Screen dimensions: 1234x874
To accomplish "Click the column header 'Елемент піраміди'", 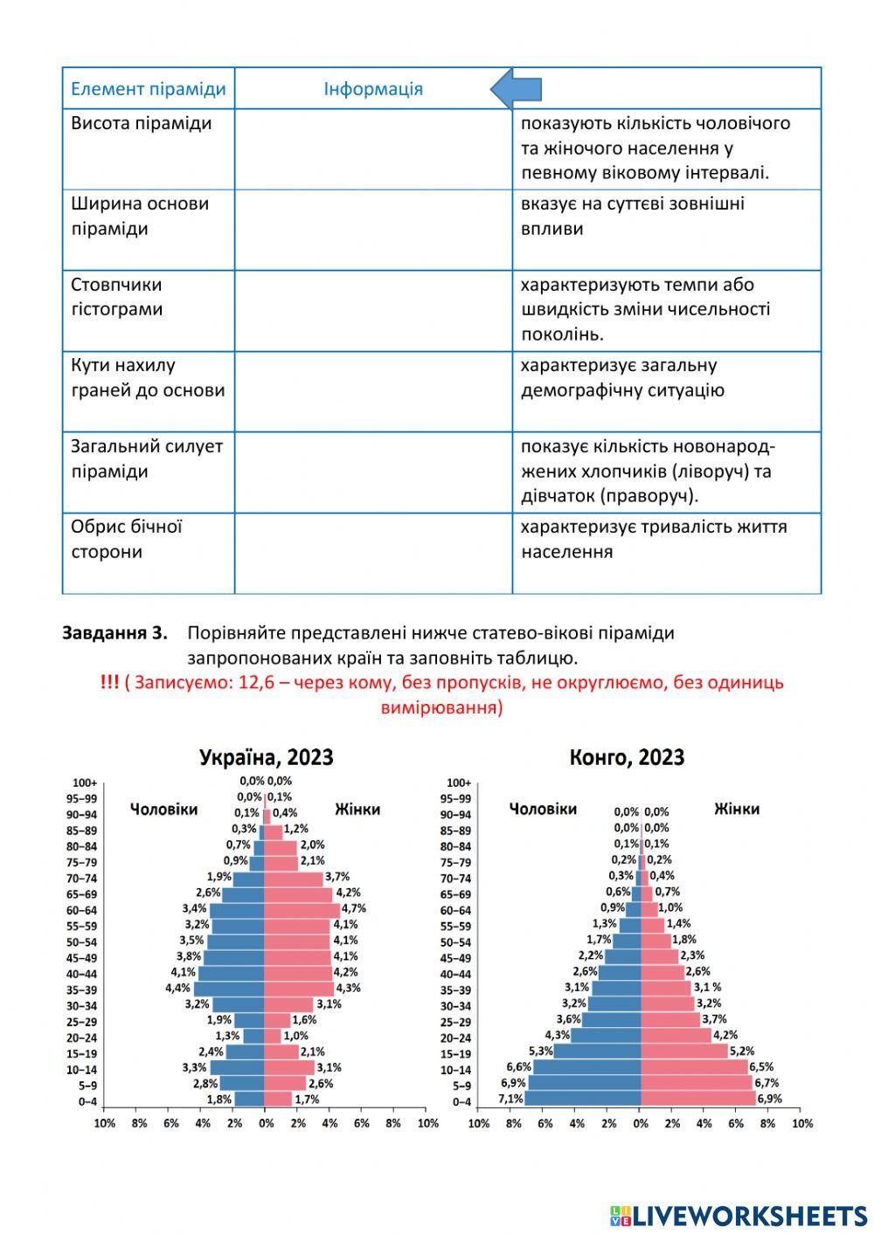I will [x=148, y=89].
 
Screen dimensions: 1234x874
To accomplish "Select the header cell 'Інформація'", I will [x=373, y=89].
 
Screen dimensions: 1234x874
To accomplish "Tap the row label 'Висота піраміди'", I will [x=142, y=123].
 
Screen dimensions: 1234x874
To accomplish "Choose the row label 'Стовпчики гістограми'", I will [x=117, y=297].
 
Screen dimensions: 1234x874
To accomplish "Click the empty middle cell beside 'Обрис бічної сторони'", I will [x=373, y=553].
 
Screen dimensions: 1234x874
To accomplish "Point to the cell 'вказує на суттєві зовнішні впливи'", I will [x=633, y=216].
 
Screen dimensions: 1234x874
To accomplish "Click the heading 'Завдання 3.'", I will [x=114, y=633].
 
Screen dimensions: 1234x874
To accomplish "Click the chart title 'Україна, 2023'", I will [x=267, y=757].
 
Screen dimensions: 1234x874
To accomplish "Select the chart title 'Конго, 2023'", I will [x=627, y=757].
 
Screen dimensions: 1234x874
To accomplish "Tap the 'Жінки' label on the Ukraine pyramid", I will [x=357, y=810].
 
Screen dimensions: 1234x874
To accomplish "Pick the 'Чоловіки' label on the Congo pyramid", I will [x=543, y=810].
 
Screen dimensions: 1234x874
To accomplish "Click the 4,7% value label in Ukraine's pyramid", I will [x=354, y=908].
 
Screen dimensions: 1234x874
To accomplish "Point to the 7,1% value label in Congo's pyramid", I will [x=511, y=1100].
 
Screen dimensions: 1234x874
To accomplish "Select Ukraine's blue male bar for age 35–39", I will [x=229, y=989].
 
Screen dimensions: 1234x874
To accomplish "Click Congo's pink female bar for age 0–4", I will [x=697, y=1100].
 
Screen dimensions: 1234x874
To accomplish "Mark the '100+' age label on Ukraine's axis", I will [x=85, y=783].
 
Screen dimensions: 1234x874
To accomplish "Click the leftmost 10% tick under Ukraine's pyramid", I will [x=104, y=1123].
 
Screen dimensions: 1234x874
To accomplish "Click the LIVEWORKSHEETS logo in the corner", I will [x=739, y=1216].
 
